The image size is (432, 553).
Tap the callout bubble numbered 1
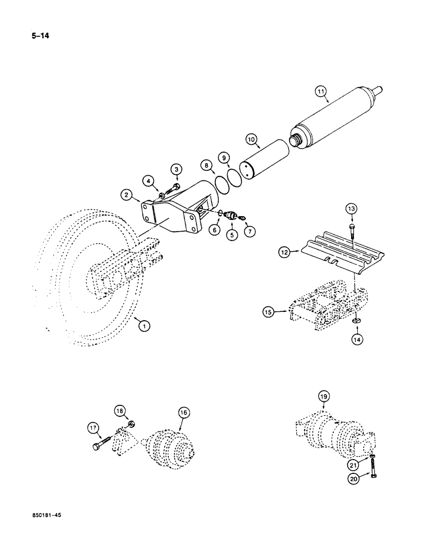[x=143, y=326]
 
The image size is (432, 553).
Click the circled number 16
[x=183, y=411]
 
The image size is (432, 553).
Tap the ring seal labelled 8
[x=224, y=184]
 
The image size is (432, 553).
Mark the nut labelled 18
[x=132, y=425]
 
